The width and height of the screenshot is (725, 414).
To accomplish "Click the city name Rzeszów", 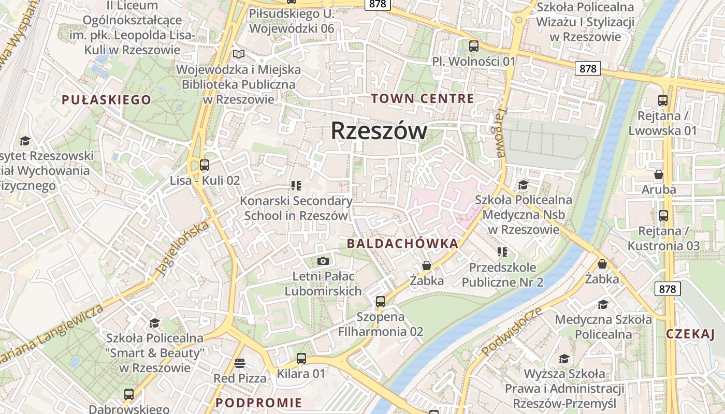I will point(379,131).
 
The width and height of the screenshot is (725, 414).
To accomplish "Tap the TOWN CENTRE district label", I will point(423,98).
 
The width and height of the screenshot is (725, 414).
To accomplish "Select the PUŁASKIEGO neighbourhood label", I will point(106,100).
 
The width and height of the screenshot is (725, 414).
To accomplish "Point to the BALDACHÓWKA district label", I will point(402,244).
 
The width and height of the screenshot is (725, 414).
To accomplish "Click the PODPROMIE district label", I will point(258,403).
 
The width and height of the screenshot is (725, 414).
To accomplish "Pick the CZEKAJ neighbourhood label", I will point(690,334).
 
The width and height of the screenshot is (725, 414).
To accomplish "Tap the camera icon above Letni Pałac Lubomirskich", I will point(323,261).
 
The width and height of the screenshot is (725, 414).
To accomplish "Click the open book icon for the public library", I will point(238,54).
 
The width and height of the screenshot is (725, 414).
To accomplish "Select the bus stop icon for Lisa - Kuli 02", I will point(205,165).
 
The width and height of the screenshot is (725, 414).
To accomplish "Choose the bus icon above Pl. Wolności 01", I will point(473,46).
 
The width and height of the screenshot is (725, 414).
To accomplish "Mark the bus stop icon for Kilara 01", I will point(301,358).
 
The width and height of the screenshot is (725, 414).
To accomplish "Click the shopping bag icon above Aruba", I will point(659,174).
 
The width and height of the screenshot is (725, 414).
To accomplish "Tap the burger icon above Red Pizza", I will point(239,363).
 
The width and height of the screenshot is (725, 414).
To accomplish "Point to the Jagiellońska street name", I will point(183,248).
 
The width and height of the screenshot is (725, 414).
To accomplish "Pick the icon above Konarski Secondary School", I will point(296,185).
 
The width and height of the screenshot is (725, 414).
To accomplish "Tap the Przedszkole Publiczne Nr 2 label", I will point(502,275).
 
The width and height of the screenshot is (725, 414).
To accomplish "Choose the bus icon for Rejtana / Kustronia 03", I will point(663,215).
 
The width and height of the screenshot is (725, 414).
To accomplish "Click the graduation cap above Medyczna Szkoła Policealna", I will point(603,304).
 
